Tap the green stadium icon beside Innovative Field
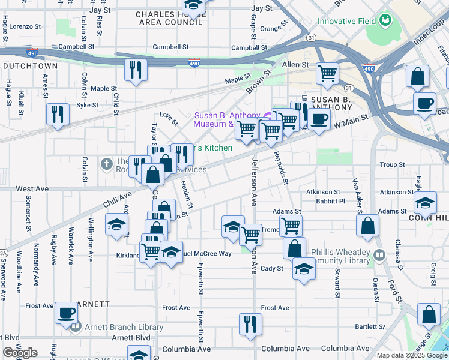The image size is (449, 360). click(x=384, y=21)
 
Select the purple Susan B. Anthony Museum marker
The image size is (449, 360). click(x=267, y=115)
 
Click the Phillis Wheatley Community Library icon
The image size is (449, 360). click(x=379, y=256)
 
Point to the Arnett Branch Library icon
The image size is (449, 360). click(x=75, y=327)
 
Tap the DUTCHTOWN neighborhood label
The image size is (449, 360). click(x=29, y=66)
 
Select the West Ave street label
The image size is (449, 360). click(x=32, y=188)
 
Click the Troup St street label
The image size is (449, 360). click(x=393, y=164)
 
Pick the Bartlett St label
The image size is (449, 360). click(x=369, y=326)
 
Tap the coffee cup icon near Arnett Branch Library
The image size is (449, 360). click(x=66, y=313)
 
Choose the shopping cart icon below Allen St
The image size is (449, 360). click(x=327, y=74)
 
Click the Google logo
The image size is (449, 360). click(x=20, y=353)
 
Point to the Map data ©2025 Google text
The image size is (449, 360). click(x=411, y=355)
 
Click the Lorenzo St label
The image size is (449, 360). click(x=25, y=27)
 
